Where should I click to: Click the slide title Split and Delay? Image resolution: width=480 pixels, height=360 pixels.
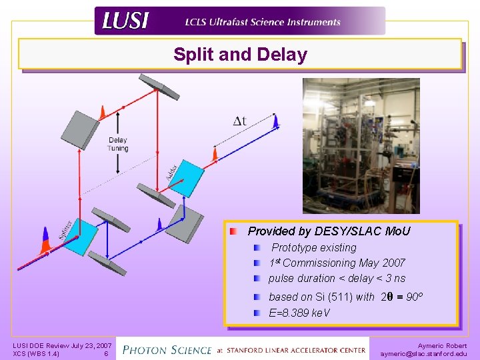240,55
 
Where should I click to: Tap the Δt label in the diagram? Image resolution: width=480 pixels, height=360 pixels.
239,121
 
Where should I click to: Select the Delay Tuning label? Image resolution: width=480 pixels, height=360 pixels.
118,144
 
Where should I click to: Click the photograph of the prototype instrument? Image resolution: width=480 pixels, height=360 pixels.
361,145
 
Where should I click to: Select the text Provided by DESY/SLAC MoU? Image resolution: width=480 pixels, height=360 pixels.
329,231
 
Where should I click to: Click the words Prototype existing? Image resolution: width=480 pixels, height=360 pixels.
313,247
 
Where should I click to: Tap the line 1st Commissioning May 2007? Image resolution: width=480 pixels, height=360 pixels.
337,263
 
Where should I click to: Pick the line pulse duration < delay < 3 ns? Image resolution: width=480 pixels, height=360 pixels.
337,278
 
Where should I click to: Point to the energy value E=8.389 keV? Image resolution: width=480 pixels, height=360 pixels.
299,313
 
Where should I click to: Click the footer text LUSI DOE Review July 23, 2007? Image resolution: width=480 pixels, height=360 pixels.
62,345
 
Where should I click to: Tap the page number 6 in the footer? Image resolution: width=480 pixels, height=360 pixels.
106,354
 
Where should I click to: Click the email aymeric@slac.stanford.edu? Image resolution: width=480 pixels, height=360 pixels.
423,354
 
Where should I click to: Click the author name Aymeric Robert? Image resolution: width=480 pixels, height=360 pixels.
442,345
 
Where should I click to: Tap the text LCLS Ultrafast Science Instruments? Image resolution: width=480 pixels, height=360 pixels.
263,22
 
